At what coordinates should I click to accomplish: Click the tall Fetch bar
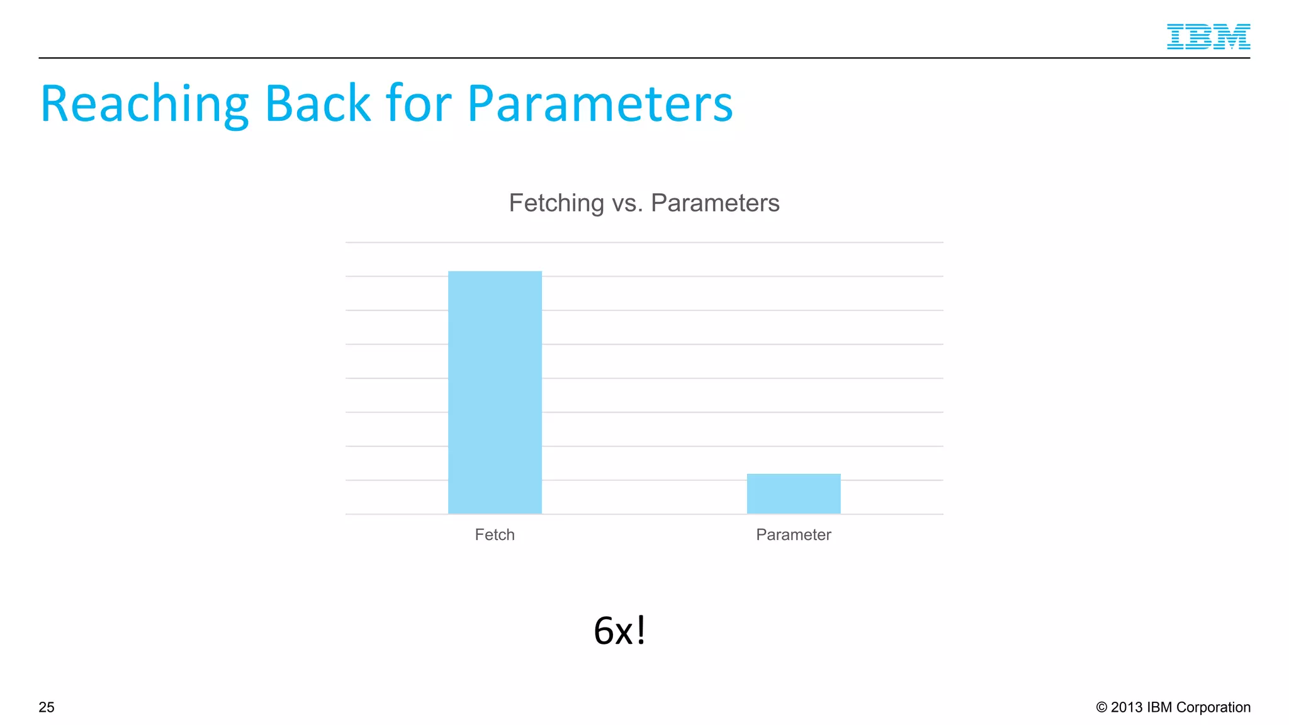pos(495,392)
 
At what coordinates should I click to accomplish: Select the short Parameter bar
pos(793,493)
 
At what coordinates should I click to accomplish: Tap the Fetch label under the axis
pos(495,534)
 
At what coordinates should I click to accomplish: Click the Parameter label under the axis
pos(793,534)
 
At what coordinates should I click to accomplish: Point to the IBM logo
pos(1208,37)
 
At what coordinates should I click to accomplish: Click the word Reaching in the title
pos(144,104)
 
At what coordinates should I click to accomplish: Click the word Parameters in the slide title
pos(600,104)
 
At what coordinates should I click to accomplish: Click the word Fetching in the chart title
pos(556,203)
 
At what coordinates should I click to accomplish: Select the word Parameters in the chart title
pos(715,203)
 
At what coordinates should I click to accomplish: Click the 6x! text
pos(619,630)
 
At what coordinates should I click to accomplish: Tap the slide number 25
pos(47,707)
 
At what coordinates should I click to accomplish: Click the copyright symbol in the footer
pos(1101,707)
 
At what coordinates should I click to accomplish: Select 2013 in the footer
pos(1127,707)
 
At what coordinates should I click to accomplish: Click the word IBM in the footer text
pos(1159,707)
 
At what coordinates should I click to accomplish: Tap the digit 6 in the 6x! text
pos(604,631)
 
